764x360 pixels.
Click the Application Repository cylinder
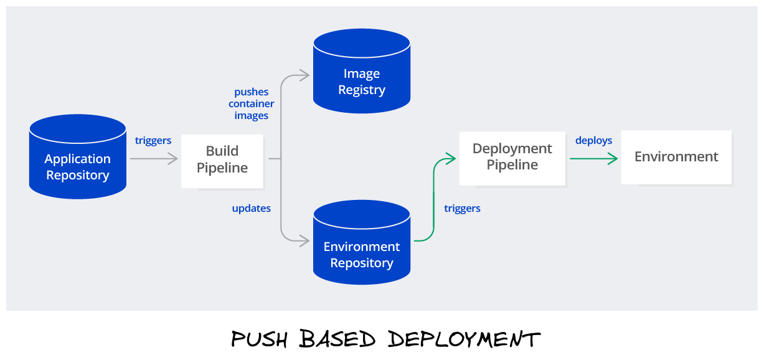pyautogui.click(x=78, y=156)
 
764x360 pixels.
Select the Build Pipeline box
pyautogui.click(x=222, y=161)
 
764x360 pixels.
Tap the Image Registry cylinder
pyautogui.click(x=362, y=71)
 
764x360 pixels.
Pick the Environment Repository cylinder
pyautogui.click(x=362, y=242)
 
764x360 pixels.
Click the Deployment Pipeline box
pyautogui.click(x=512, y=158)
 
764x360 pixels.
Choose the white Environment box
pyautogui.click(x=676, y=158)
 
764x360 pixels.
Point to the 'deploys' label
pyautogui.click(x=593, y=141)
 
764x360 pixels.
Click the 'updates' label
pyautogui.click(x=252, y=208)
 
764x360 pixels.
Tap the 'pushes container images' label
pyautogui.click(x=252, y=104)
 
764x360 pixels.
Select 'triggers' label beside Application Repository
pyautogui.click(x=153, y=141)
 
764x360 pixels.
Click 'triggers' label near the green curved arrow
pyautogui.click(x=462, y=209)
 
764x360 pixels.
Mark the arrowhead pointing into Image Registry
pyautogui.click(x=304, y=75)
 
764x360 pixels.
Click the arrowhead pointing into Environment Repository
pyautogui.click(x=304, y=240)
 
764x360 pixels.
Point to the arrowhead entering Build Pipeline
pyautogui.click(x=172, y=159)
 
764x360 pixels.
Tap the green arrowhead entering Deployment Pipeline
pyautogui.click(x=451, y=159)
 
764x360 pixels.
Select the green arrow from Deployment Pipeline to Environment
pyautogui.click(x=593, y=159)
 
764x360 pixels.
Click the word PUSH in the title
pyautogui.click(x=259, y=339)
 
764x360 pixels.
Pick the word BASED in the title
pyautogui.click(x=337, y=338)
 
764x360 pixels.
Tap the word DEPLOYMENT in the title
pyautogui.click(x=464, y=339)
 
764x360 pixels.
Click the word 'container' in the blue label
pyautogui.click(x=252, y=104)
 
